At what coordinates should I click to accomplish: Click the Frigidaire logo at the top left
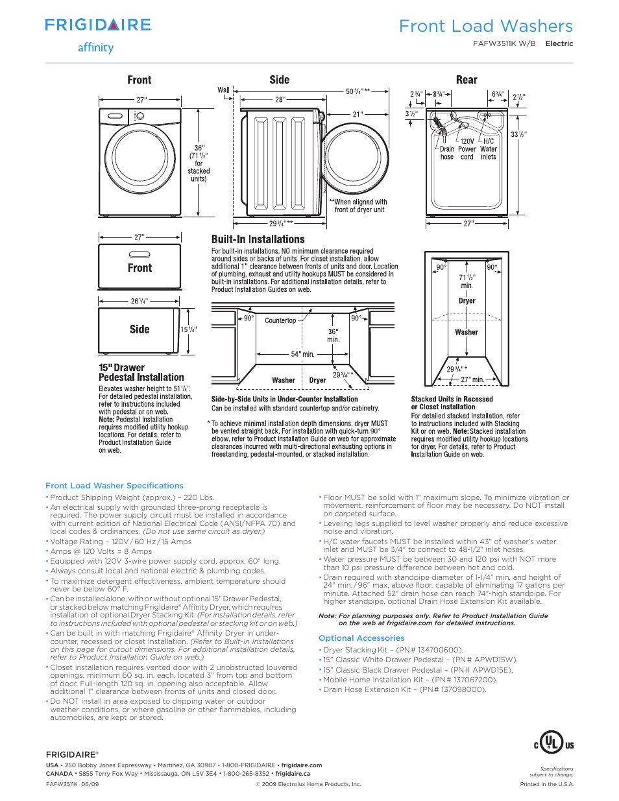[x=98, y=25]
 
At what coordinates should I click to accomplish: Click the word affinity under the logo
[x=95, y=47]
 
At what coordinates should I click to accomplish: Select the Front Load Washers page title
[x=485, y=26]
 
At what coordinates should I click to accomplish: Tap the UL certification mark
[x=553, y=743]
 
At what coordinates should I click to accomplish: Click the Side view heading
[x=279, y=80]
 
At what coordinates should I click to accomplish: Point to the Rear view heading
[x=467, y=80]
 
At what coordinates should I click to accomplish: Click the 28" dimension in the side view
[x=280, y=99]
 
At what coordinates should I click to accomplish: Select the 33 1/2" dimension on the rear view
[x=518, y=134]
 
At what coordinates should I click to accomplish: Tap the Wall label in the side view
[x=223, y=90]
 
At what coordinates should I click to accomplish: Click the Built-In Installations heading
[x=258, y=239]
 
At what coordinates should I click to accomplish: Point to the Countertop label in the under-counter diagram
[x=280, y=320]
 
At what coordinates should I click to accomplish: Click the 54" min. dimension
[x=302, y=354]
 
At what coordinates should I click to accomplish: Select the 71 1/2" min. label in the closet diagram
[x=467, y=281]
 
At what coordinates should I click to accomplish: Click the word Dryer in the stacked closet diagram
[x=467, y=301]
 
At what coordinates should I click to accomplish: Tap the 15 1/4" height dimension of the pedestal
[x=188, y=329]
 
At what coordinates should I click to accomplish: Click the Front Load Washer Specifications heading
[x=114, y=486]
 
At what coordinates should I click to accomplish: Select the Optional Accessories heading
[x=361, y=638]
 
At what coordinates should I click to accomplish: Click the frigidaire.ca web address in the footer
[x=293, y=774]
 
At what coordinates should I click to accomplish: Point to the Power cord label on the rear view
[x=467, y=153]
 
